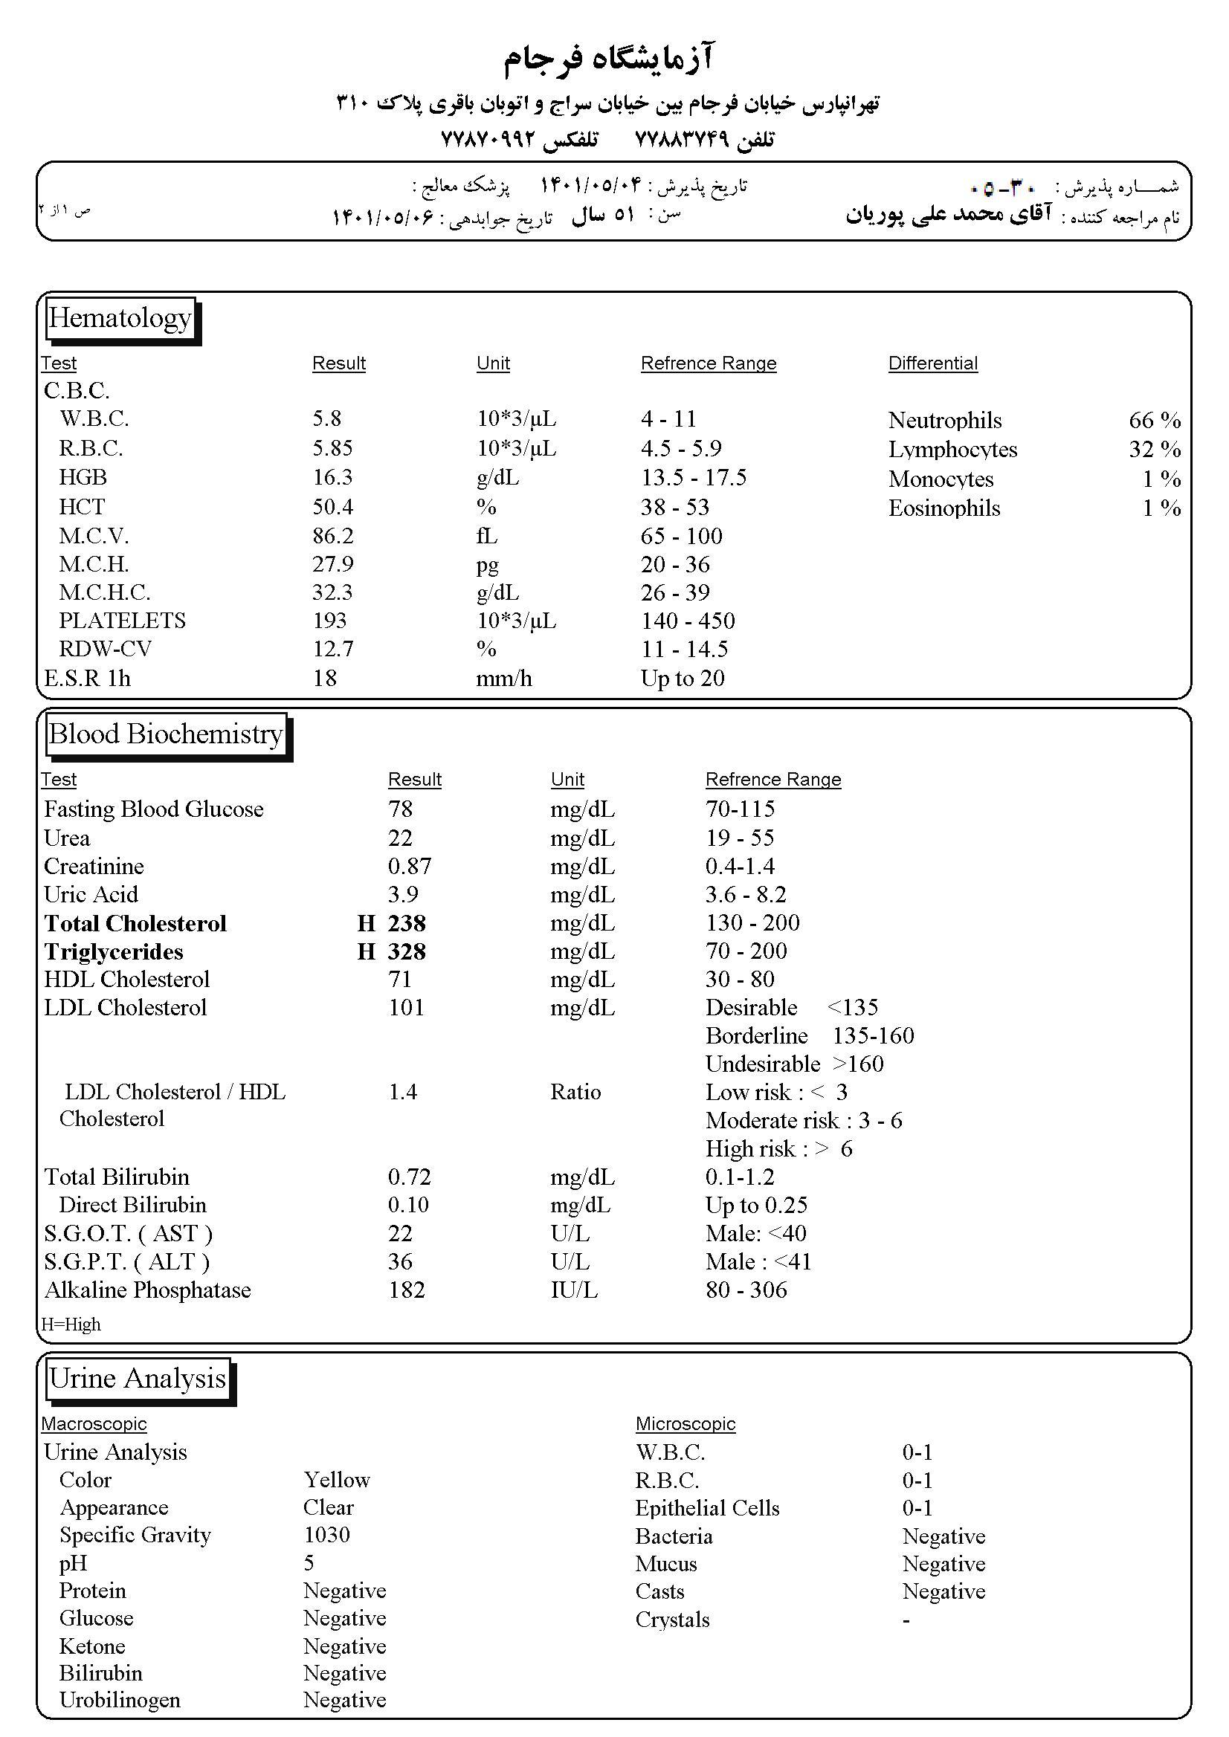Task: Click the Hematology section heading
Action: tap(120, 319)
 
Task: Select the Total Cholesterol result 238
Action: tap(407, 923)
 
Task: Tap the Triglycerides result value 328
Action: tap(407, 951)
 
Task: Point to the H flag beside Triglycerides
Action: tap(367, 951)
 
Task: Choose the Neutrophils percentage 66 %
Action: tap(1154, 421)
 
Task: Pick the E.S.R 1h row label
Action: tap(87, 679)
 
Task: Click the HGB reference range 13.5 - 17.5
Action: tap(693, 478)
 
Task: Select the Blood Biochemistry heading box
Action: tap(166, 734)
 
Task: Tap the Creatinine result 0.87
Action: tap(410, 866)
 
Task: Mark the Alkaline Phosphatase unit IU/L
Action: tap(574, 1290)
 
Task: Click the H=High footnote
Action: tap(71, 1324)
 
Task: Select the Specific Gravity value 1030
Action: tap(326, 1535)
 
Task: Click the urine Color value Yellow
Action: tap(337, 1480)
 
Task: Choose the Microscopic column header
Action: tap(685, 1424)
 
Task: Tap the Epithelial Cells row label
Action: tap(707, 1509)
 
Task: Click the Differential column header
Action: tap(932, 364)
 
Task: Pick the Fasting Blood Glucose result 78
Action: tap(400, 809)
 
